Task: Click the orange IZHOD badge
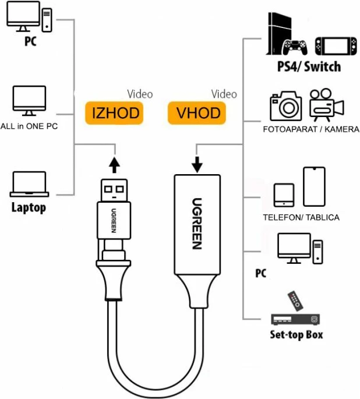click(116, 112)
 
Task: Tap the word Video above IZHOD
click(140, 94)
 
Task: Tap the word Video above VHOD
click(224, 94)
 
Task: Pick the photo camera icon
click(285, 106)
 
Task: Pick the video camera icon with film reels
click(326, 105)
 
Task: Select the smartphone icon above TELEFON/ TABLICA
click(313, 188)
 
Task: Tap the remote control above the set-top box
click(296, 301)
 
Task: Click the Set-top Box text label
click(297, 335)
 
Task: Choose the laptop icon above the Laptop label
click(29, 185)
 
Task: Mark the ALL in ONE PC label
click(29, 126)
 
